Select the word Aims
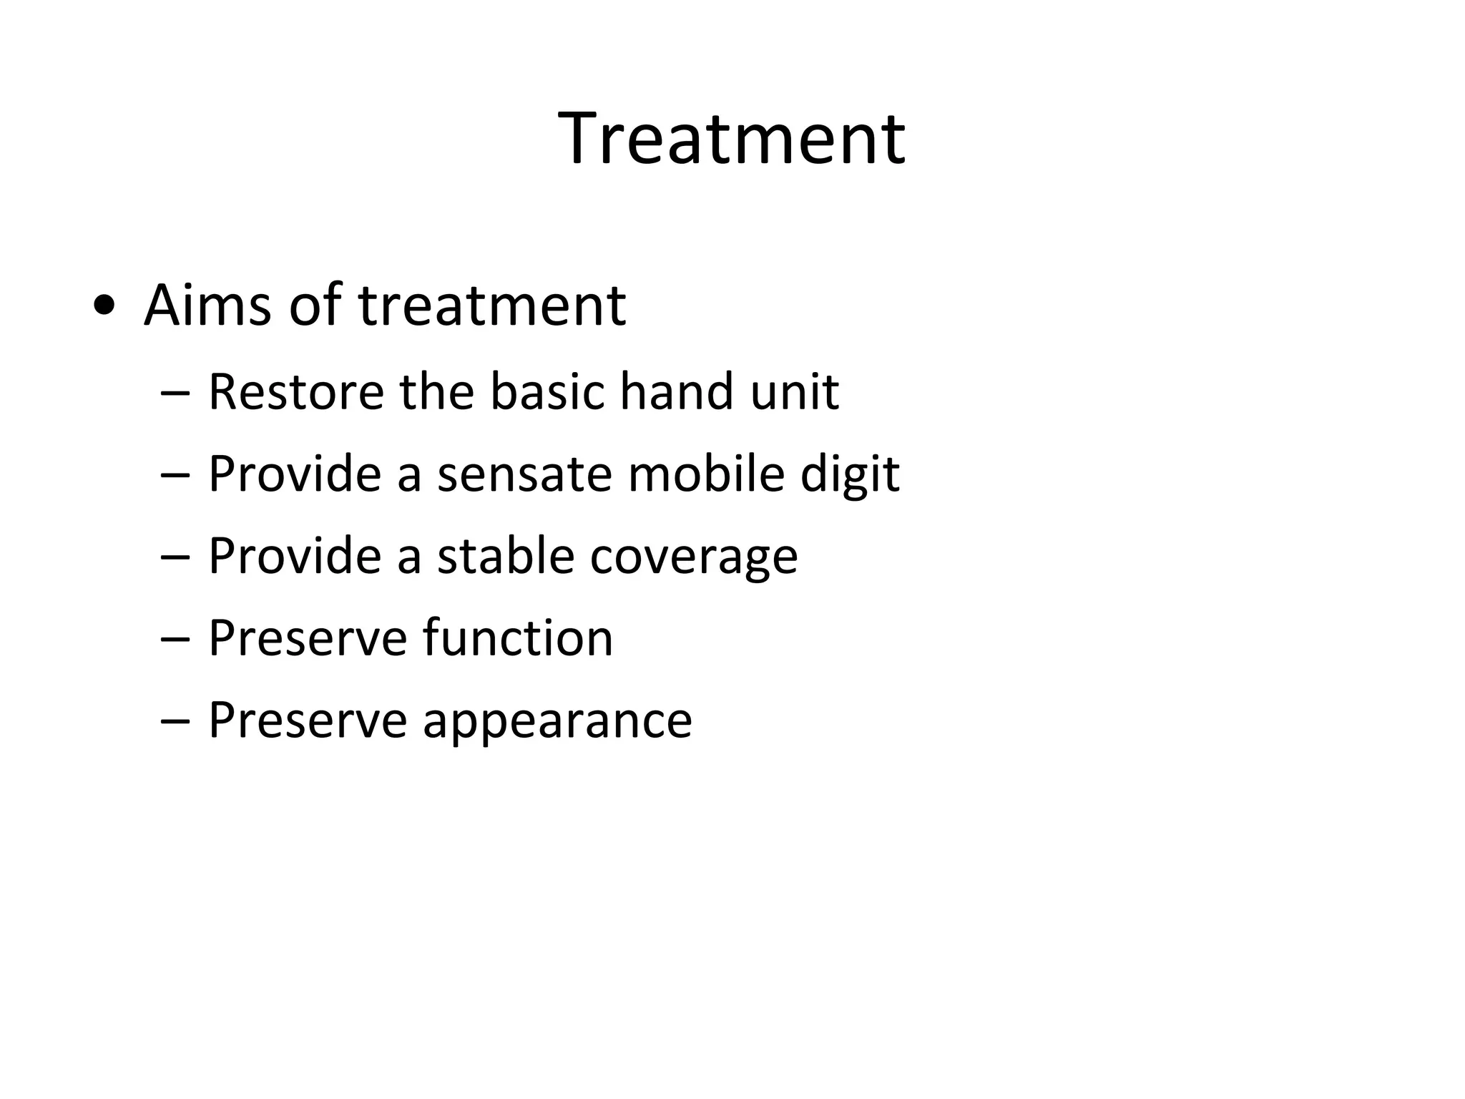(207, 306)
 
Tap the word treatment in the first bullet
(492, 306)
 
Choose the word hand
(677, 392)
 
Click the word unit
(794, 392)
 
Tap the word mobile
(706, 474)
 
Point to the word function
(517, 638)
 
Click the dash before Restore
(175, 394)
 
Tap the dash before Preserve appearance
(175, 722)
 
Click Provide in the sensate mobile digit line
(295, 474)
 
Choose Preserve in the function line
(307, 638)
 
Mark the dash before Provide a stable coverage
(175, 558)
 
